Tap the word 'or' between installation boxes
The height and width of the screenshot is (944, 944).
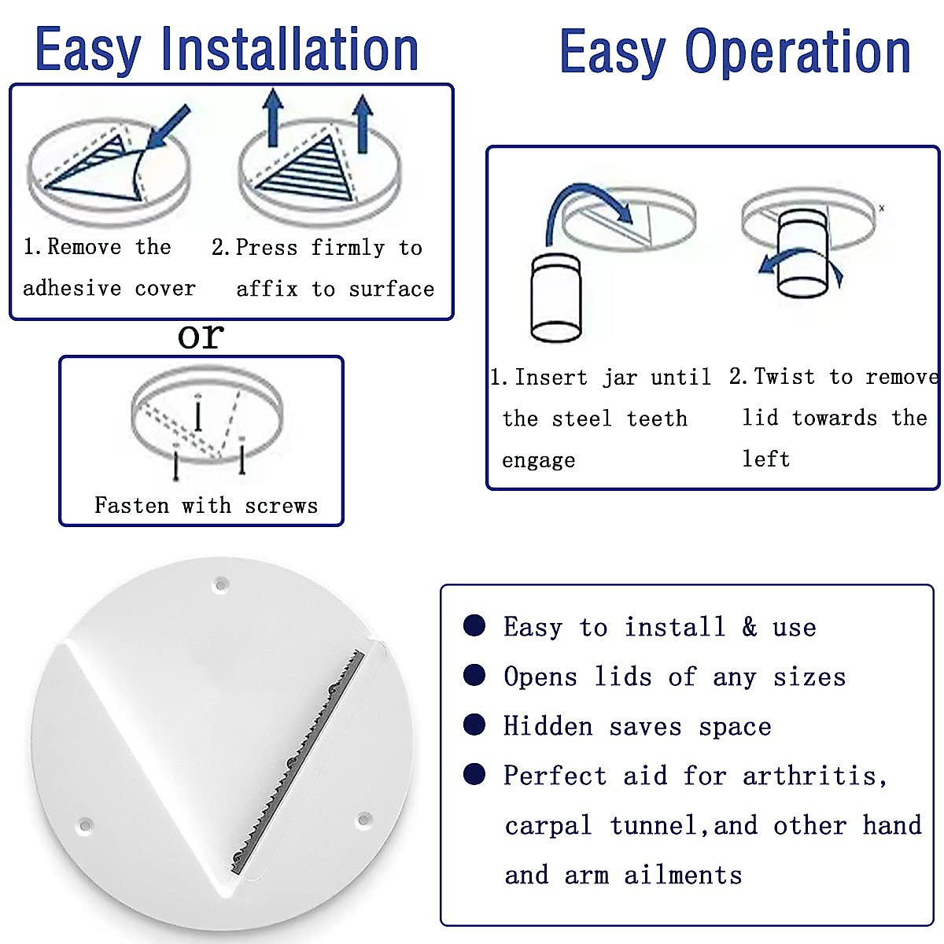coord(201,337)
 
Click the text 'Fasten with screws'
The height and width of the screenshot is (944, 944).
coord(206,505)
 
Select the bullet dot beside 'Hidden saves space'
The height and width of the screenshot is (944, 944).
coord(474,725)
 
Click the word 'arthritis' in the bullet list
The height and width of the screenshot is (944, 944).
coord(814,776)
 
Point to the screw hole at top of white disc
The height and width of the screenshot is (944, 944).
coord(221,584)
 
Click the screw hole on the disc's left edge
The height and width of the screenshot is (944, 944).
coord(84,826)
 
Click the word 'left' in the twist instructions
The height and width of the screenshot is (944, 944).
coord(765,459)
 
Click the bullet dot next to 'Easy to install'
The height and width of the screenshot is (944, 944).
coord(474,625)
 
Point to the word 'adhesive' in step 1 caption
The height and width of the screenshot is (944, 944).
coord(72,289)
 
